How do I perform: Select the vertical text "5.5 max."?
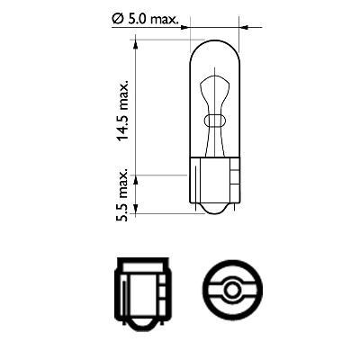[124, 192]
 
